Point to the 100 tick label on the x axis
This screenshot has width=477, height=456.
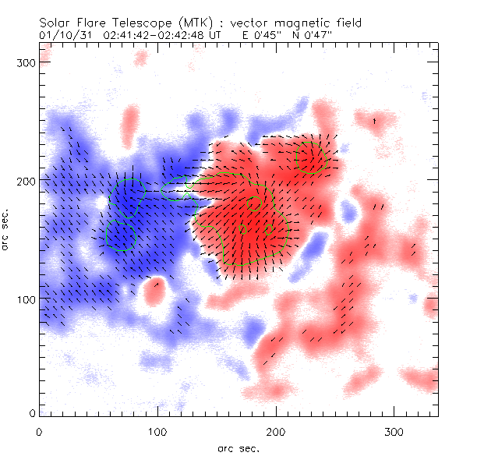[x=157, y=431]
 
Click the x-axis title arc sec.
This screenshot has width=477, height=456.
[x=238, y=447]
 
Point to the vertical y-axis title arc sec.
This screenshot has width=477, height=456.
[x=7, y=230]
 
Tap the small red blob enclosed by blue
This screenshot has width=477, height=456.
[x=154, y=293]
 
